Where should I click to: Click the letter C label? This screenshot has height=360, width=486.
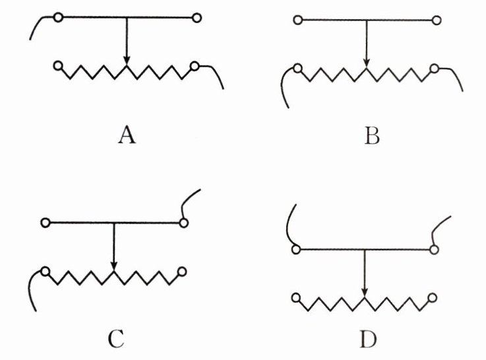(115, 339)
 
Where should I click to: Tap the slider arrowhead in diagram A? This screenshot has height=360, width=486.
(127, 63)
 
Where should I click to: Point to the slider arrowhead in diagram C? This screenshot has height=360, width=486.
(114, 267)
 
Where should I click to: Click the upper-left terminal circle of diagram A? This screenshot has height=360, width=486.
(58, 18)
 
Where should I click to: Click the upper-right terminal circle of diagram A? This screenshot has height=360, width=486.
(197, 18)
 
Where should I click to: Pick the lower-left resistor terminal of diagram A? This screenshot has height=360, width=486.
(59, 66)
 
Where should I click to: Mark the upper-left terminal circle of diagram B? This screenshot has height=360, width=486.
(298, 20)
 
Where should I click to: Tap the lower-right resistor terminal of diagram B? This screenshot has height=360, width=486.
(435, 68)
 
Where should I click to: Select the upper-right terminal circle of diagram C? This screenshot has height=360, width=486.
(183, 223)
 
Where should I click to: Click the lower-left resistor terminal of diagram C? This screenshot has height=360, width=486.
(46, 270)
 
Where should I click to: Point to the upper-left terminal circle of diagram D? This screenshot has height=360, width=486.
(296, 249)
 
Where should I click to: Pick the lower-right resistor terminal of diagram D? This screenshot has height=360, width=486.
(432, 297)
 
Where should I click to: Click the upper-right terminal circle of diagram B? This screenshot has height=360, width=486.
(435, 20)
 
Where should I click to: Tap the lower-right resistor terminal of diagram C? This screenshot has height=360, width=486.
(182, 270)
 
